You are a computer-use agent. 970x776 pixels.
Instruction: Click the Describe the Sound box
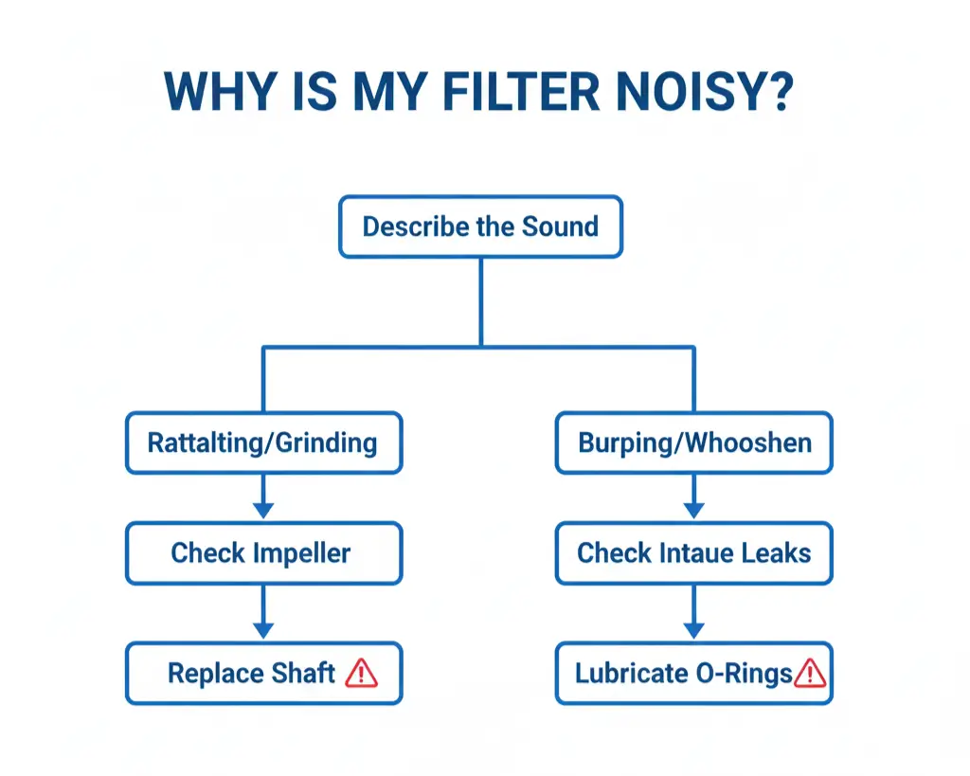(x=480, y=226)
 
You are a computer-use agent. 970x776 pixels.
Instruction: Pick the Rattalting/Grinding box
(x=263, y=442)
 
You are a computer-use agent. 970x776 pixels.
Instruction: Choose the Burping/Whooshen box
(x=694, y=442)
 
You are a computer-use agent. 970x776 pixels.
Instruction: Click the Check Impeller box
(x=263, y=552)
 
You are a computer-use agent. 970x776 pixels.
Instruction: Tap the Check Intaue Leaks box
(x=694, y=552)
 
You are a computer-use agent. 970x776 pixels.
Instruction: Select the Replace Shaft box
(x=263, y=673)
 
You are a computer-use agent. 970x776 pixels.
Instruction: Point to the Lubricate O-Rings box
(x=694, y=673)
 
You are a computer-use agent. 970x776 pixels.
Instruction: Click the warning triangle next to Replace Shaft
(x=361, y=673)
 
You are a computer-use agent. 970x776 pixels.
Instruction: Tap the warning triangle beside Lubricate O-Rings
(x=810, y=674)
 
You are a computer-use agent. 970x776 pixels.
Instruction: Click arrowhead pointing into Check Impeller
(x=263, y=511)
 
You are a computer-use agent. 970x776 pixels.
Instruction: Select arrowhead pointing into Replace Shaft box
(x=263, y=630)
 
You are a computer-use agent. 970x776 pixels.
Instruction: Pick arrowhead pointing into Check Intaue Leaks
(x=694, y=511)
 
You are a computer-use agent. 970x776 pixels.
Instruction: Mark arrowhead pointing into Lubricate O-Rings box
(x=694, y=630)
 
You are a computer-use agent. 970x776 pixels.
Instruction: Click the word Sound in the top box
(x=560, y=226)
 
